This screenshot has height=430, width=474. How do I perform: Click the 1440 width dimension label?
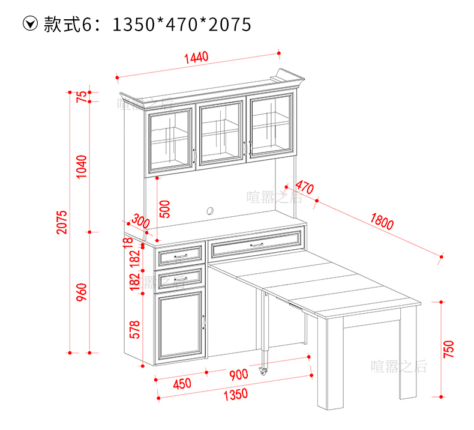pos(196,58)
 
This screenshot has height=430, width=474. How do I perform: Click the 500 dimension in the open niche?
pos(166,208)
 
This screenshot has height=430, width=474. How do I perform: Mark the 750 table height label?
pos(449,348)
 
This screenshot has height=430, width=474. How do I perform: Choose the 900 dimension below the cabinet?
pos(238,375)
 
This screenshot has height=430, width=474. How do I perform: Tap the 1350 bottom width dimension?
pos(235,395)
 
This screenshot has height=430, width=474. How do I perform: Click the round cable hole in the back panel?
pos(211,211)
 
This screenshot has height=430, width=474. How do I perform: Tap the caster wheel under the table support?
pos(263,371)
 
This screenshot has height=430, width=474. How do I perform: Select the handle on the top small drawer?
pos(179,256)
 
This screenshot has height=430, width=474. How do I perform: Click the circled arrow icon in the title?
pos(29,24)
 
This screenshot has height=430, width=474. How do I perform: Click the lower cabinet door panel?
pos(179,326)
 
